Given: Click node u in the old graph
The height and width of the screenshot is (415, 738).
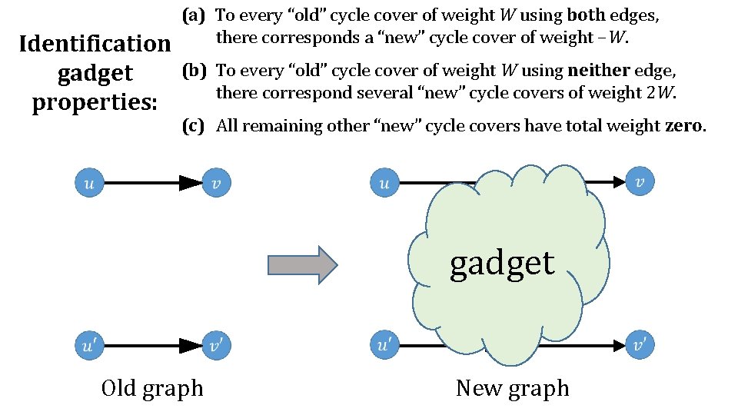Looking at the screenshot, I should tap(88, 183).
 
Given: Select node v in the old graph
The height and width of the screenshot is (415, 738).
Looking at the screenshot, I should tap(216, 183).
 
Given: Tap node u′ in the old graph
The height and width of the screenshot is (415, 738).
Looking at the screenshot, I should tap(88, 346).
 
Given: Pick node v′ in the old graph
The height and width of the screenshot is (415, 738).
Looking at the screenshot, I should tap(216, 346).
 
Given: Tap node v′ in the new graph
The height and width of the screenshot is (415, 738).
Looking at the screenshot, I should tap(640, 346).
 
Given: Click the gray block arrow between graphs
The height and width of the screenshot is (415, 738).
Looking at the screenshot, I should tap(302, 265).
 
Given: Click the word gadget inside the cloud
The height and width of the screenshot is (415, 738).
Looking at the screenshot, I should tap(502, 264).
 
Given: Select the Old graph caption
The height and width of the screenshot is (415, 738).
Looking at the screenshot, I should tap(152, 388).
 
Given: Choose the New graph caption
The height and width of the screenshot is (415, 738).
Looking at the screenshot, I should tap(512, 388).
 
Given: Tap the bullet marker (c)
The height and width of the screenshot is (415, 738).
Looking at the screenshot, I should tap(193, 126).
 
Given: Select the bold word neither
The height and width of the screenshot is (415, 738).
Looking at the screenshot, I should tap(598, 71).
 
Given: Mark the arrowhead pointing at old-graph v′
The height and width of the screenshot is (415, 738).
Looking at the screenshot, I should tap(190, 346).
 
